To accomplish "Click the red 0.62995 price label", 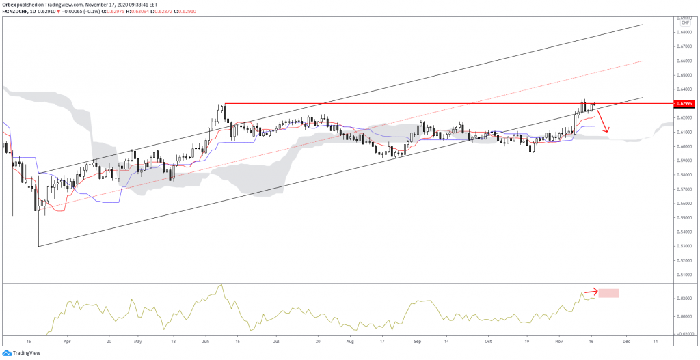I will tap(684, 104).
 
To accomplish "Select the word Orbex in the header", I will tap(9, 3).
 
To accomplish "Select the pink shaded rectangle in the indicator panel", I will tap(608, 293).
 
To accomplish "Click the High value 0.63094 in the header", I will tap(137, 11).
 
